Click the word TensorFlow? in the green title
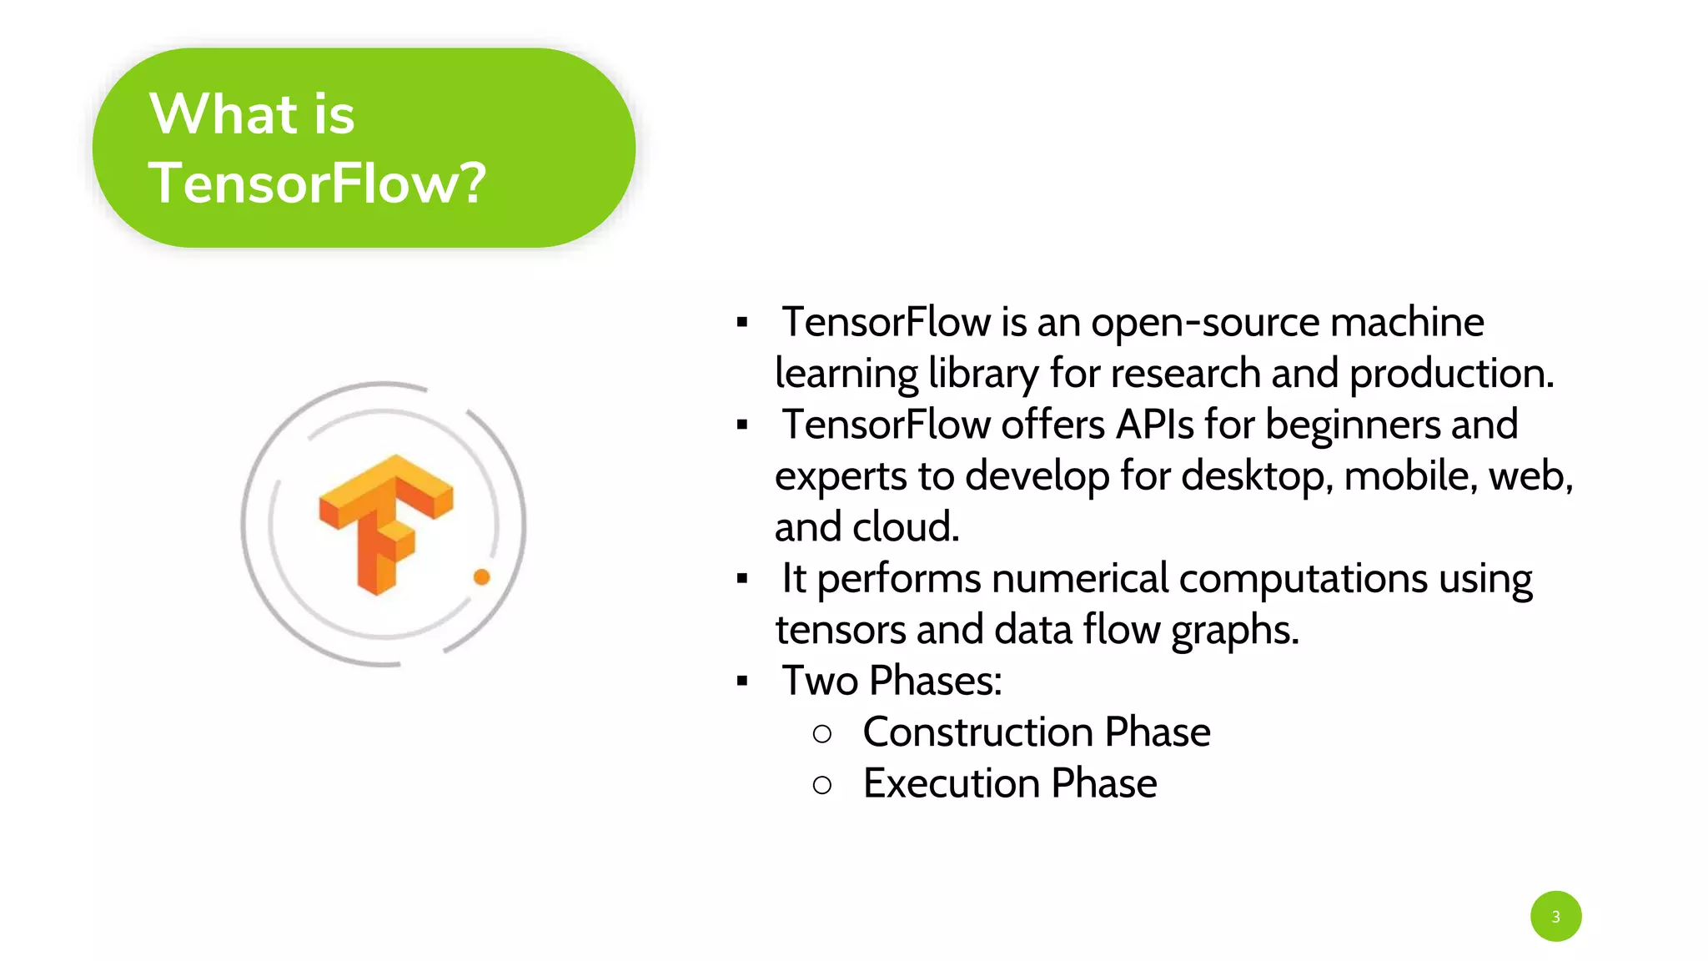tap(317, 184)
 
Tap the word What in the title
tap(224, 114)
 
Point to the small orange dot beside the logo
tap(481, 576)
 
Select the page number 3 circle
tap(1555, 916)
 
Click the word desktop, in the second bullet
tap(1257, 477)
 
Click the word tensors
tap(840, 630)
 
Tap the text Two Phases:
tap(892, 681)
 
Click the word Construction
tap(978, 732)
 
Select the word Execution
tap(952, 783)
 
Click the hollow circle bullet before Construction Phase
tap(822, 734)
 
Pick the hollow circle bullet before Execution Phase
tap(822, 785)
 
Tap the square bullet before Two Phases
tap(742, 682)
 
